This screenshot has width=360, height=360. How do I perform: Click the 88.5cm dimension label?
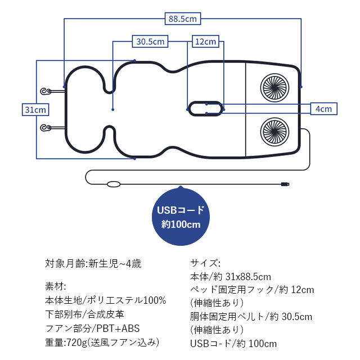click(x=183, y=19)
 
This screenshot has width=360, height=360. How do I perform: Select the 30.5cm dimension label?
click(x=150, y=41)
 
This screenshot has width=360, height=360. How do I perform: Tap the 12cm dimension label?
click(x=205, y=41)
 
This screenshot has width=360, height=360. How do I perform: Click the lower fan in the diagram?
click(x=275, y=131)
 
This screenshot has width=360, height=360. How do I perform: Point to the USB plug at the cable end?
click(x=286, y=184)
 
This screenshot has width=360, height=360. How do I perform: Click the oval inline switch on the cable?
click(x=114, y=184)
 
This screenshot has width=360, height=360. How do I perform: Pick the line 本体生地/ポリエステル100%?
click(x=105, y=300)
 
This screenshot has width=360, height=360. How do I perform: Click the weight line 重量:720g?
click(x=102, y=342)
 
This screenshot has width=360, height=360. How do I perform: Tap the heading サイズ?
click(x=206, y=263)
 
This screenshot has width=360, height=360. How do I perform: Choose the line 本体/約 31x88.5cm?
click(x=231, y=277)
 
